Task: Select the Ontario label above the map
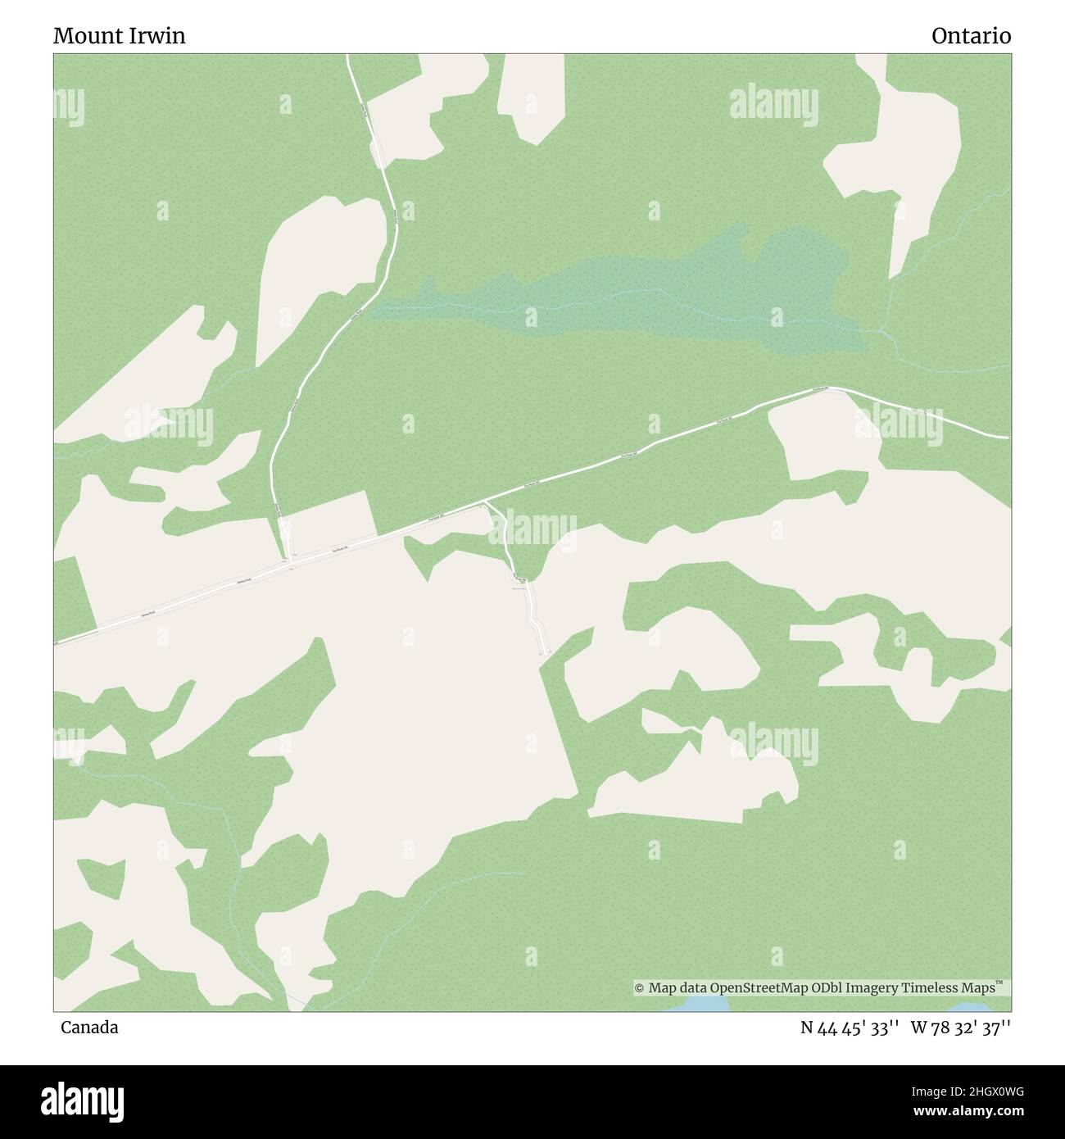[x=971, y=36]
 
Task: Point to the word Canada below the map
[x=89, y=1028]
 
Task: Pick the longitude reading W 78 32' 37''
[x=961, y=1028]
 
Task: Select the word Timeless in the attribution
[x=931, y=988]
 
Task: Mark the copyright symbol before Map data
[x=640, y=988]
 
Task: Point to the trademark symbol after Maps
[x=999, y=982]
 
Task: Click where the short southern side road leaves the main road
[x=486, y=501]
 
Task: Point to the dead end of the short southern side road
[x=542, y=654]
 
